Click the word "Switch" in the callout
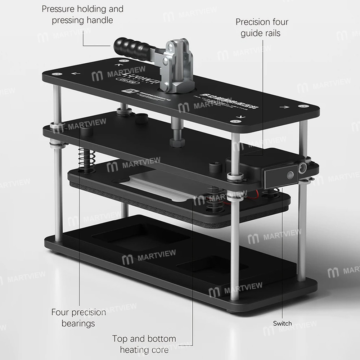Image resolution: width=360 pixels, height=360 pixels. click(x=282, y=323)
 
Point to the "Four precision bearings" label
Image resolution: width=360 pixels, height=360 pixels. click(x=78, y=318)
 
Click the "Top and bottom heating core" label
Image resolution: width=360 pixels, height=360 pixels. click(x=144, y=344)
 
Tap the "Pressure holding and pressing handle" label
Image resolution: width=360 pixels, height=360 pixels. click(x=82, y=14)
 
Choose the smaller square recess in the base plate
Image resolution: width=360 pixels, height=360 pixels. click(x=212, y=267)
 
